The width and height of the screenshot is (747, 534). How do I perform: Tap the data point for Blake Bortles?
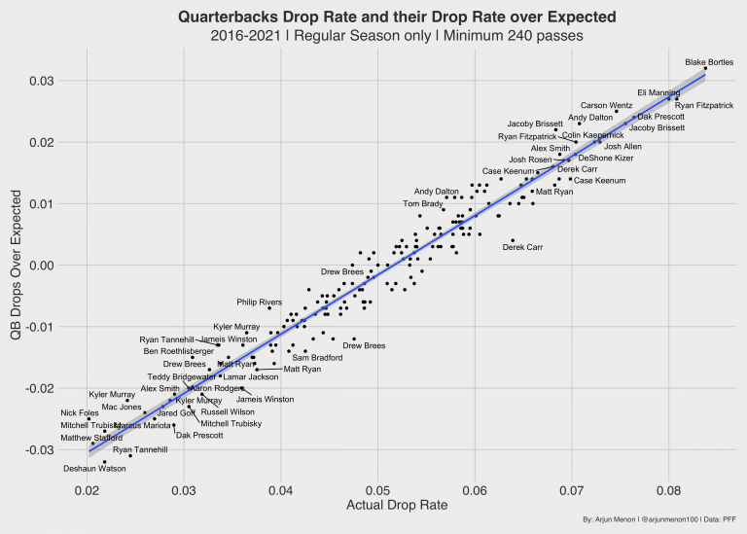point(705,69)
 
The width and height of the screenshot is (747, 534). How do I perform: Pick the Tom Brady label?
point(423,204)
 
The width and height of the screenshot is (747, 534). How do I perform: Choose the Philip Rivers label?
point(260,303)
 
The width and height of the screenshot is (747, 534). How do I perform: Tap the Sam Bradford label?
point(317,357)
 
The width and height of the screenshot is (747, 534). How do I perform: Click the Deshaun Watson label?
point(94,468)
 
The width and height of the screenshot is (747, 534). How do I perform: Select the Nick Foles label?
point(80,412)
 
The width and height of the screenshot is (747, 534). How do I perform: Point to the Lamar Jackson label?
point(250,376)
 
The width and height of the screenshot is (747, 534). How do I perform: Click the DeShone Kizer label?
point(605,157)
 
